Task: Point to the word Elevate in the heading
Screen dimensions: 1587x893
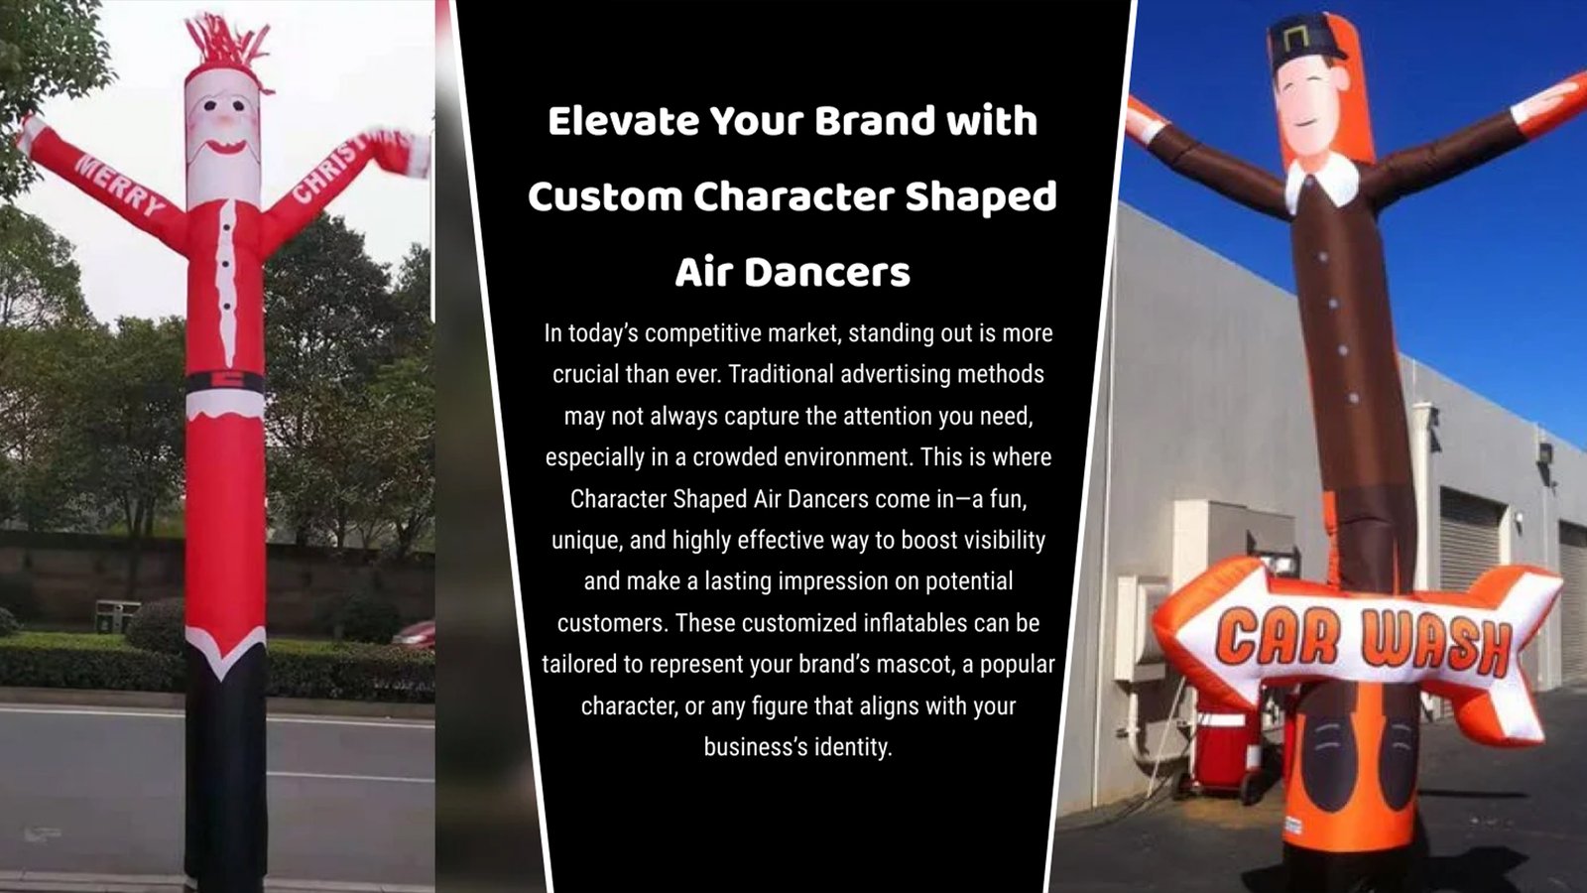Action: (624, 121)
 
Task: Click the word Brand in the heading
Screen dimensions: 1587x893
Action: (874, 121)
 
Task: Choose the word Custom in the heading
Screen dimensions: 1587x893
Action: (604, 196)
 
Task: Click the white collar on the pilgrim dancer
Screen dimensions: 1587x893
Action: (1322, 182)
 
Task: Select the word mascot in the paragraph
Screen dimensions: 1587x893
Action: (931, 665)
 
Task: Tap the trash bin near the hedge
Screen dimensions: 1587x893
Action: (117, 616)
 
